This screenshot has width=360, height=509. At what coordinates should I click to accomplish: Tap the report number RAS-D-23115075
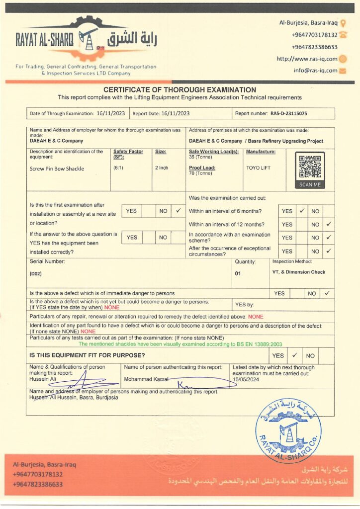pyautogui.click(x=288, y=113)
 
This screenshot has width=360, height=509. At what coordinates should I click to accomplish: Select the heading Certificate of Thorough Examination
pyautogui.click(x=180, y=89)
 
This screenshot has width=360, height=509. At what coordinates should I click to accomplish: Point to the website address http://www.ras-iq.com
pyautogui.click(x=307, y=59)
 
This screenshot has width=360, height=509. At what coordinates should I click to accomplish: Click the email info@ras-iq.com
pyautogui.click(x=315, y=71)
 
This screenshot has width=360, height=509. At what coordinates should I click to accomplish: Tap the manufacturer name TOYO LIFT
pyautogui.click(x=258, y=168)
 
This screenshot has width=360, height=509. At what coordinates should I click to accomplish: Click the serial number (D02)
pyautogui.click(x=36, y=273)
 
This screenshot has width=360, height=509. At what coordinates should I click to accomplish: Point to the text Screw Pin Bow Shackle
pyautogui.click(x=57, y=169)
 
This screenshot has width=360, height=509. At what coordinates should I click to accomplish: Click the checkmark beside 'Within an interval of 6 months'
pyautogui.click(x=301, y=211)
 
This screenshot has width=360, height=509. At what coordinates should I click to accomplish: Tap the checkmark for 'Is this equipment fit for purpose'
pyautogui.click(x=294, y=355)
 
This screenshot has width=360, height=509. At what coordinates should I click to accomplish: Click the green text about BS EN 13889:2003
pyautogui.click(x=180, y=343)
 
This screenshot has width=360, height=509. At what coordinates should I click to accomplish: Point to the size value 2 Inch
pyautogui.click(x=162, y=168)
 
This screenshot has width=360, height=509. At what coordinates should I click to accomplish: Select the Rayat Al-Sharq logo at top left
pyautogui.click(x=85, y=40)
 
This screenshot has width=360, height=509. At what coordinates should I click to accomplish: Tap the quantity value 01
pyautogui.click(x=238, y=273)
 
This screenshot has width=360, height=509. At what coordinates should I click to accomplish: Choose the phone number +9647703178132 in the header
pyautogui.click(x=314, y=35)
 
